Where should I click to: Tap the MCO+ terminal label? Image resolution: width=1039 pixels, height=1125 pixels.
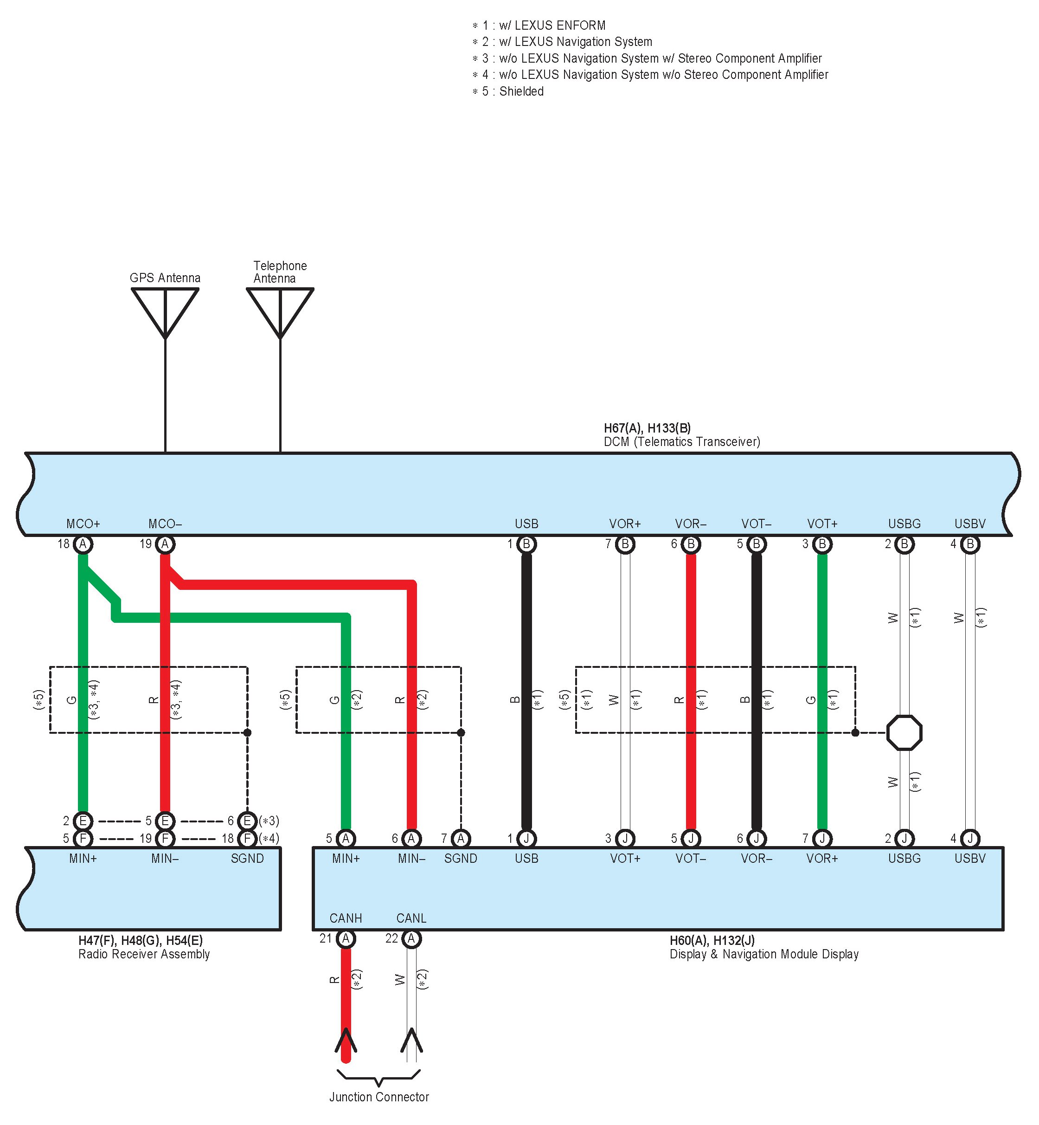[x=83, y=524]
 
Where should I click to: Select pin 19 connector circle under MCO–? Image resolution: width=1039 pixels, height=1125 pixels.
[x=165, y=544]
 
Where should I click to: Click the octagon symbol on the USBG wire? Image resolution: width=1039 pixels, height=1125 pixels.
[x=904, y=732]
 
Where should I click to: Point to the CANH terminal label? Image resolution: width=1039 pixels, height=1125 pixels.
[x=346, y=918]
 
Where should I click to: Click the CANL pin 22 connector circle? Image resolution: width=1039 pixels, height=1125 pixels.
[x=411, y=939]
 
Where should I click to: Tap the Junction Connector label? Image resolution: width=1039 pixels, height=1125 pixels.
[x=379, y=1097]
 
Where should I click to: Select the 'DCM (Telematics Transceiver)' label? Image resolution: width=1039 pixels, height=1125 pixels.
[x=681, y=441]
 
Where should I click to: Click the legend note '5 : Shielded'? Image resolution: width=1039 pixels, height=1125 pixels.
[x=508, y=91]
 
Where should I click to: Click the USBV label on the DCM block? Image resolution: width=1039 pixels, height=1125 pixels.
[x=970, y=524]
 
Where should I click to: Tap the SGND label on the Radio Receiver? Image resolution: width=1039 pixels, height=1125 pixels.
[x=247, y=859]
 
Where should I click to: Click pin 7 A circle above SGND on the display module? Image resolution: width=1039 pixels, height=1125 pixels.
[x=461, y=839]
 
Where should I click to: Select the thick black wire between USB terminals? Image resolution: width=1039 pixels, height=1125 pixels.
[x=526, y=692]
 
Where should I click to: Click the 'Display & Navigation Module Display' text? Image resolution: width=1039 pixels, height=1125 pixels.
[x=764, y=954]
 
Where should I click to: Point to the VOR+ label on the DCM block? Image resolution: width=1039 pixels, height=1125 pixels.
[x=625, y=524]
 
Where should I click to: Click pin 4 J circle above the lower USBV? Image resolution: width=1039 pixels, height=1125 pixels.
[x=970, y=839]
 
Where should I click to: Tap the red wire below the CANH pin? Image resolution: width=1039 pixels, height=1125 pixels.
[x=346, y=1001]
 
